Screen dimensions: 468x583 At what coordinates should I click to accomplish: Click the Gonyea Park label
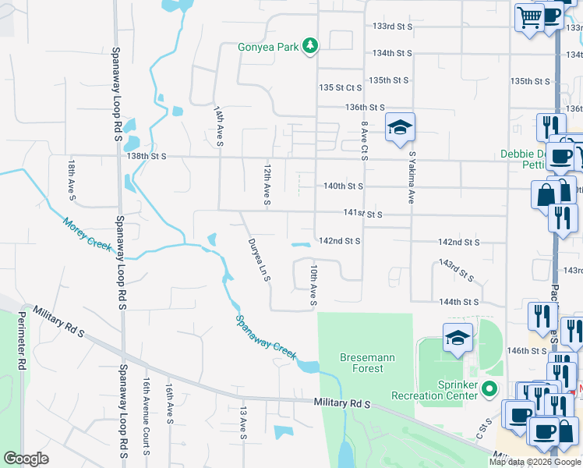pos(268,47)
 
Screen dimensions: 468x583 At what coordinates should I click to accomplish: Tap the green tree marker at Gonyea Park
pos(310,46)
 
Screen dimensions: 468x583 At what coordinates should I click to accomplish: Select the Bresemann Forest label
pos(362,363)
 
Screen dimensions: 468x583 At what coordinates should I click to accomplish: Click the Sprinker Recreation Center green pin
pos(489,388)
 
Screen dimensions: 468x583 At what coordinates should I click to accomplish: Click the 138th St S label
pos(148,157)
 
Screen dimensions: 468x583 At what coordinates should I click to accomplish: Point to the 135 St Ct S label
pos(341,88)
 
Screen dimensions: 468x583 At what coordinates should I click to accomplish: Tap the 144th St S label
pos(458,302)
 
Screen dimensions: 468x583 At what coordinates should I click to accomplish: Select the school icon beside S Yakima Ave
pos(400,128)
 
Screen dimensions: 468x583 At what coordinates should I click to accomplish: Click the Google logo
pos(26,459)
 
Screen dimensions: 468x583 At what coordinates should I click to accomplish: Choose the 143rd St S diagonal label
pos(456,270)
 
